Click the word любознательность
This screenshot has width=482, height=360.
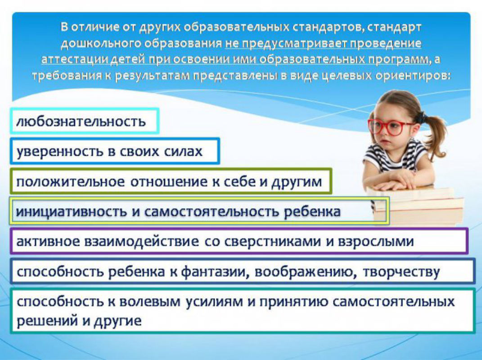81,121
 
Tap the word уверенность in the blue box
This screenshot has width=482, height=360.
59,152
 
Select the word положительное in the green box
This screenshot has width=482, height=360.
70,182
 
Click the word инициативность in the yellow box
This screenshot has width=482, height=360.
71,212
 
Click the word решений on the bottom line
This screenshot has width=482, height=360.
46,321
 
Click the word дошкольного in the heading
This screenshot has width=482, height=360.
101,43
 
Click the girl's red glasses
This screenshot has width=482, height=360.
391,127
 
